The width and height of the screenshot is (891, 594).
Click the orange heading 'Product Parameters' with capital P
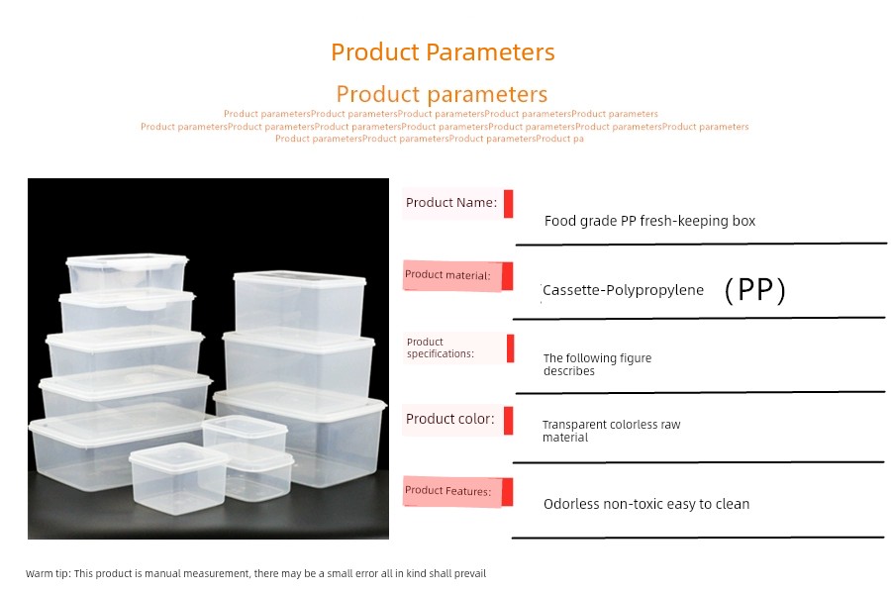443,52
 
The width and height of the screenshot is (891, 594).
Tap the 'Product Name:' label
451,202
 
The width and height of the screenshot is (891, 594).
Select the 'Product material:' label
447,275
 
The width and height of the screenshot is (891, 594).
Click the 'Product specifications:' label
440,347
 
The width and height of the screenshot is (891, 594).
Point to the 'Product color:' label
450,419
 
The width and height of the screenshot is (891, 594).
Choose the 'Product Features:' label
447,491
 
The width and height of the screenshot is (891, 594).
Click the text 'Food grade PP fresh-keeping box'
649,221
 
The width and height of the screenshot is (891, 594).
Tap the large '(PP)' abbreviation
755,290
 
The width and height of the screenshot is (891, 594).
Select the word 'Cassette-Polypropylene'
623,290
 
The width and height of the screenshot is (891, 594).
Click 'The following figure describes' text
597,364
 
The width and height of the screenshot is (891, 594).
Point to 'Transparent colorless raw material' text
611,431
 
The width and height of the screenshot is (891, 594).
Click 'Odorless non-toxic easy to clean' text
646,504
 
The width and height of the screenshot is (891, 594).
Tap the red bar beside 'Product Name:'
508,204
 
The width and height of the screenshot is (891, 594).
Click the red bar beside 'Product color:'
508,421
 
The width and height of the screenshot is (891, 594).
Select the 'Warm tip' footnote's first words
48,573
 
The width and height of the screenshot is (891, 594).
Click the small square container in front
178,478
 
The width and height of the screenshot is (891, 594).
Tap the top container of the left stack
127,273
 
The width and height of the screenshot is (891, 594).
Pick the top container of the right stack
299,303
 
